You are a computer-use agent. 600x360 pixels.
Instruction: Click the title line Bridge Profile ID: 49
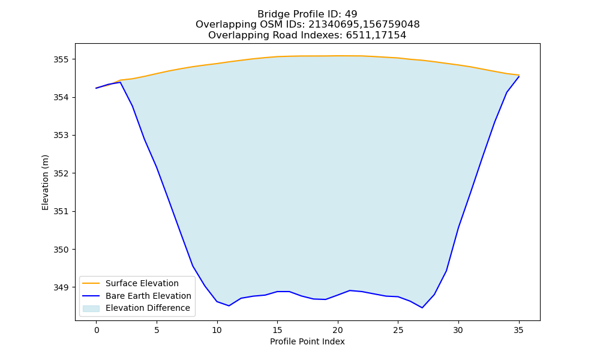[x=307, y=14]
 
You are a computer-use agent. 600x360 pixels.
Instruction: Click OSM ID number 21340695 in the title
[x=334, y=25]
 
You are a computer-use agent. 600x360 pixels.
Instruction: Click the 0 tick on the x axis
[x=97, y=330]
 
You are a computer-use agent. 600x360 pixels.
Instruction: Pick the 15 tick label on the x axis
[x=277, y=330]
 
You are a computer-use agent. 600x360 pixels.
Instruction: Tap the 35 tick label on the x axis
[x=518, y=330]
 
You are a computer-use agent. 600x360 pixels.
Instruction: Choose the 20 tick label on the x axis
[x=337, y=330]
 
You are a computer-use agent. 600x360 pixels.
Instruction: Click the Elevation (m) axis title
[x=45, y=182]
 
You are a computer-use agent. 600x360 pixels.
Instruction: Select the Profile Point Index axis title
[x=307, y=341]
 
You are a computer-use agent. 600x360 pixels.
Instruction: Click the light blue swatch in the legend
[x=91, y=308]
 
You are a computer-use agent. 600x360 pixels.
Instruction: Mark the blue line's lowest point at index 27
[x=422, y=308]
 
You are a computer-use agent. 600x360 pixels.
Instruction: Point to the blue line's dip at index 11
[x=229, y=305]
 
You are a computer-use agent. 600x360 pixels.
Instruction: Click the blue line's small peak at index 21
[x=350, y=290]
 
